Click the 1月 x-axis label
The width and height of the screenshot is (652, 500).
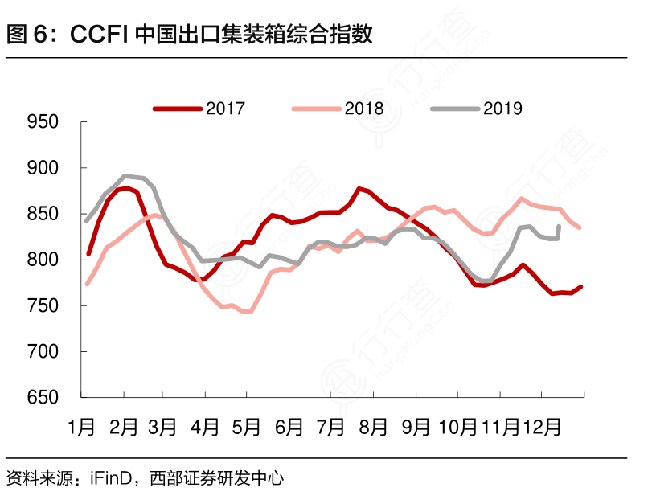point(82,426)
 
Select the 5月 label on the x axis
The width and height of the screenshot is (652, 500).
point(248,426)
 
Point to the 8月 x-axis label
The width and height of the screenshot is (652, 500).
point(373,426)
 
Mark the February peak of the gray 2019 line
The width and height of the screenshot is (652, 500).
point(125,175)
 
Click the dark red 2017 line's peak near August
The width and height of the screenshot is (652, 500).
point(359,189)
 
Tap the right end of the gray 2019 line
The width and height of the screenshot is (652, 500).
point(559,227)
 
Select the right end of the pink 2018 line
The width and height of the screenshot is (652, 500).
point(580,228)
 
